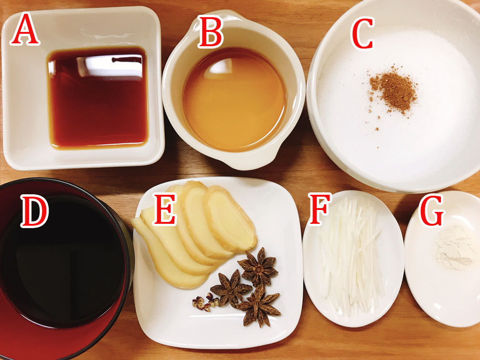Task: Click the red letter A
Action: [25, 29]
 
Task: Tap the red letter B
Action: [210, 31]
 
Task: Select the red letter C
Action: [363, 33]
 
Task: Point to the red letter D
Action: [34, 210]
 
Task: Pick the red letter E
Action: [165, 209]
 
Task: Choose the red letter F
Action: [320, 209]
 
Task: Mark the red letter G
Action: [431, 210]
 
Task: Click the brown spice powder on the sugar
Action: [393, 89]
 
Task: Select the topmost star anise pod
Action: [258, 267]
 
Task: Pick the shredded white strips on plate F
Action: [352, 256]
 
